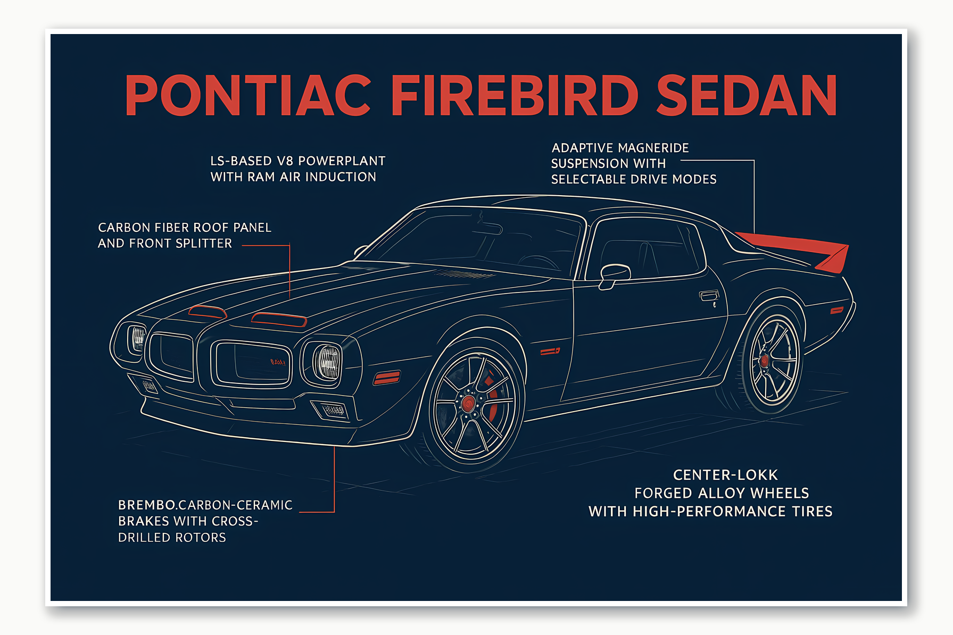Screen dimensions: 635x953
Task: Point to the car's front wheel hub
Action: pyautogui.click(x=468, y=403)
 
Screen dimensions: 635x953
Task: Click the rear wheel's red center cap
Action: pyautogui.click(x=764, y=361)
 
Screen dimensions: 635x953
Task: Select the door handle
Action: pyautogui.click(x=709, y=296)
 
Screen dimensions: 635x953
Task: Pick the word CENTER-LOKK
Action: pyautogui.click(x=725, y=475)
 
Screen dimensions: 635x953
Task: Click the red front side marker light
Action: pyautogui.click(x=387, y=378)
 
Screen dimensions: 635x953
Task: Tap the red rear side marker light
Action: pyautogui.click(x=836, y=310)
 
